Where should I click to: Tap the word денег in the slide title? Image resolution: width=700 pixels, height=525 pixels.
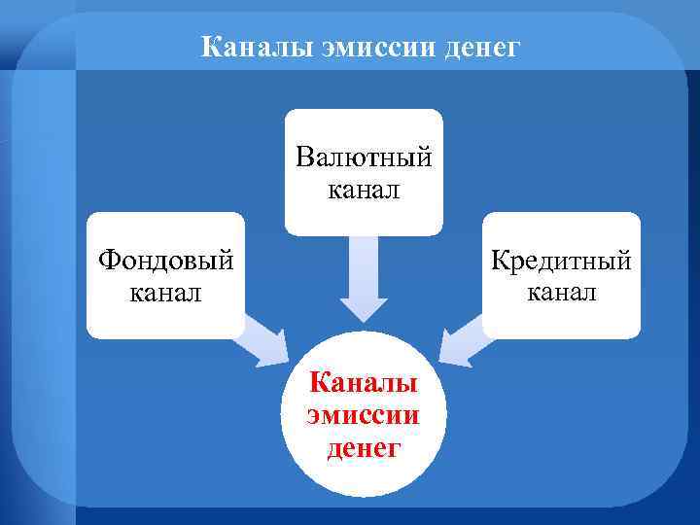(478, 46)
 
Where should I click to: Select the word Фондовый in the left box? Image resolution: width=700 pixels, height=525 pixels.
(164, 261)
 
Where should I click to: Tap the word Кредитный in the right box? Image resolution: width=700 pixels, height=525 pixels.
(561, 261)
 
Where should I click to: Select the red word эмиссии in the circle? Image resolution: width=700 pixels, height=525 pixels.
(364, 414)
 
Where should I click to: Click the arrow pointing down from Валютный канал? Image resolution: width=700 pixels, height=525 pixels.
(363, 277)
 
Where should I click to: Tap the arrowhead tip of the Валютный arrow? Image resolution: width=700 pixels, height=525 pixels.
(363, 319)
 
